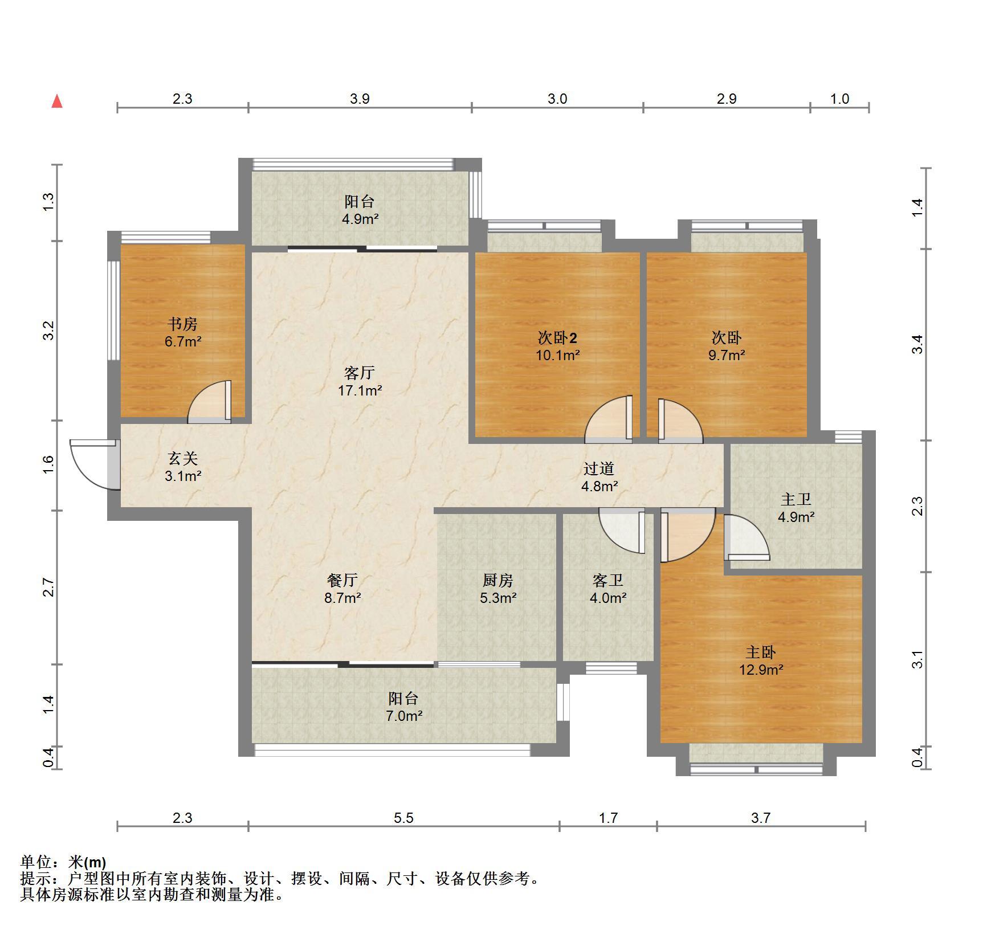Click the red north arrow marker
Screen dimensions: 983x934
point(57,101)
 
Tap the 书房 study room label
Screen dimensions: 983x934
point(182,324)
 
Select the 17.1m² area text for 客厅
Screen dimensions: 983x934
point(360,390)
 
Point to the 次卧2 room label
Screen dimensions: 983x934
point(557,338)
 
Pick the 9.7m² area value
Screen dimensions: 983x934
point(727,355)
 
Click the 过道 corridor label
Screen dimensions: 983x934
point(599,468)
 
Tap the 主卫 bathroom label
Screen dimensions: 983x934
point(796,499)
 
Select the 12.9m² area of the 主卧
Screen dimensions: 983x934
point(761,669)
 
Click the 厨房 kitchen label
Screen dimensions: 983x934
point(497,580)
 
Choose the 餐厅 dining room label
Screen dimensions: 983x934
point(342,580)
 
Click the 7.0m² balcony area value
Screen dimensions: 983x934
point(404,716)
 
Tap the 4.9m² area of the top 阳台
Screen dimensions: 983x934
point(360,218)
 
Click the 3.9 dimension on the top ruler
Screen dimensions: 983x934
point(360,99)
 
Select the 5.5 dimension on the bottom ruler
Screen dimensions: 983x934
point(403,818)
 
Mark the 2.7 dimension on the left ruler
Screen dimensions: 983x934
point(48,588)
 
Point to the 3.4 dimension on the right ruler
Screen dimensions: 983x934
point(917,344)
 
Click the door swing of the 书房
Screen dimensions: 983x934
point(210,402)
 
